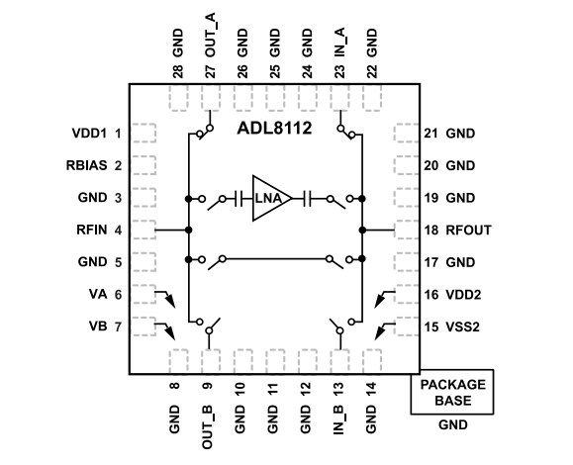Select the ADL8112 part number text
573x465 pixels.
[273, 129]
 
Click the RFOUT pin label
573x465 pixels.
[469, 231]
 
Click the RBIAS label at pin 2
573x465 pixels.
[86, 165]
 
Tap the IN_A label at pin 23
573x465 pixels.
[340, 50]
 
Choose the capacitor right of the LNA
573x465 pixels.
[308, 198]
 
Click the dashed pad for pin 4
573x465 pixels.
[144, 231]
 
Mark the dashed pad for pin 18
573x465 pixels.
[406, 231]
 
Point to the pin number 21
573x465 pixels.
[430, 133]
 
